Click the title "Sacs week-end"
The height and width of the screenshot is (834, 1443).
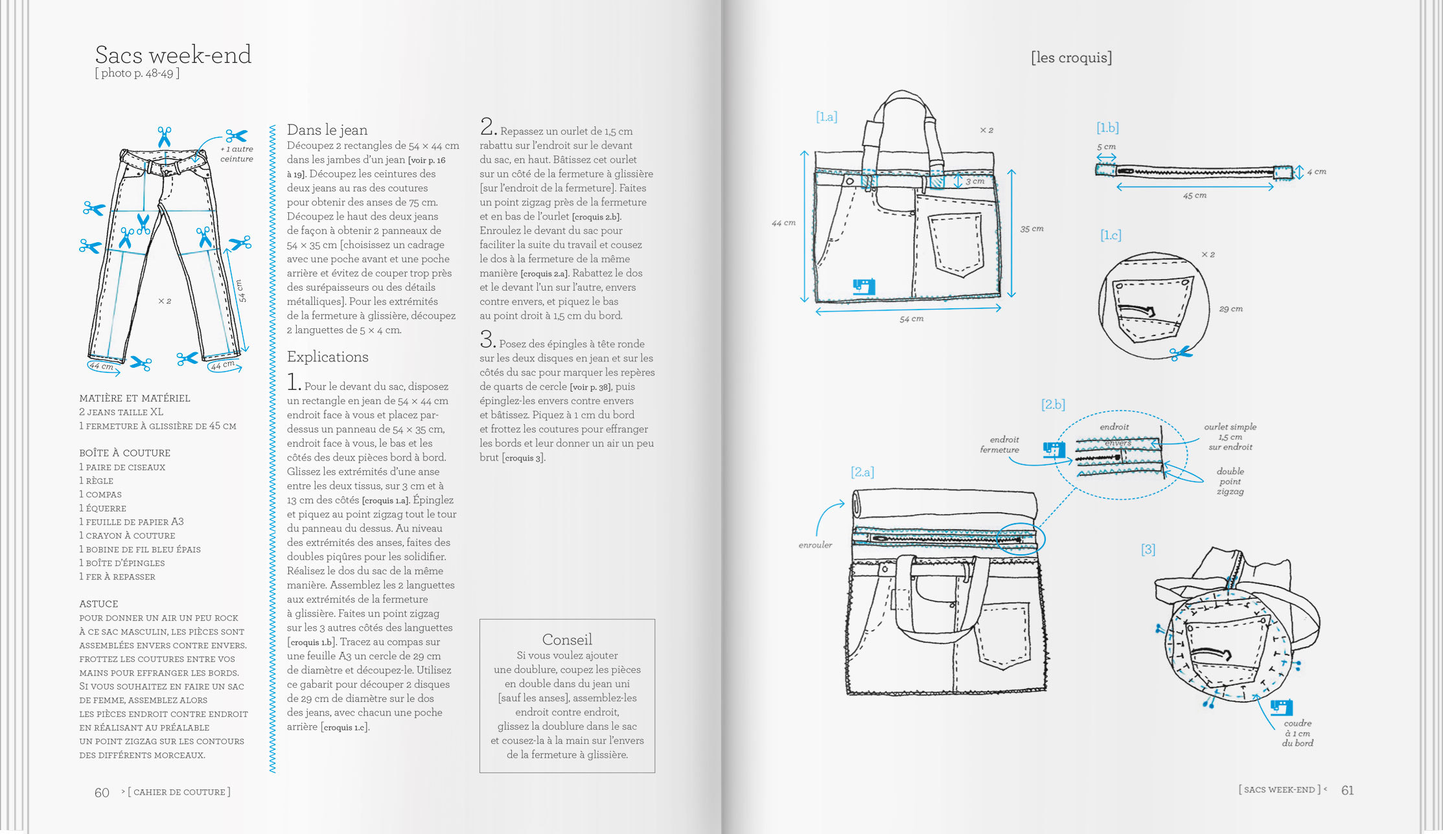pyautogui.click(x=173, y=55)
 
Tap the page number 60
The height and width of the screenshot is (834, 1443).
pyautogui.click(x=102, y=793)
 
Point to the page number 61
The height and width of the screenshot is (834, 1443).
pyautogui.click(x=1347, y=790)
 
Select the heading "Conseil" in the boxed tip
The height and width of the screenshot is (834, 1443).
pyautogui.click(x=567, y=639)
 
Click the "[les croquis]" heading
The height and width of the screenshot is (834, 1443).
pyautogui.click(x=1071, y=58)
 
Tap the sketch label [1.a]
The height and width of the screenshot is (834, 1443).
pyautogui.click(x=827, y=117)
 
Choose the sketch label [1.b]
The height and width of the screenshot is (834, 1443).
pyautogui.click(x=1107, y=128)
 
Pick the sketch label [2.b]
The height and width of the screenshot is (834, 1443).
pyautogui.click(x=1053, y=405)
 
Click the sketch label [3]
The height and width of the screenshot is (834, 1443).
pyautogui.click(x=1148, y=550)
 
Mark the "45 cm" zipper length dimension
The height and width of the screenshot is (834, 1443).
pyautogui.click(x=1195, y=196)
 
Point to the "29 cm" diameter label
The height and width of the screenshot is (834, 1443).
pyautogui.click(x=1230, y=309)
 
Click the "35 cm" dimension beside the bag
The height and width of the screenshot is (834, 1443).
pyautogui.click(x=1032, y=229)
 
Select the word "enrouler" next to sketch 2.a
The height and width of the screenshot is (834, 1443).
pyautogui.click(x=815, y=545)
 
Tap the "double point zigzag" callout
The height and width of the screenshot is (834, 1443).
pyautogui.click(x=1230, y=481)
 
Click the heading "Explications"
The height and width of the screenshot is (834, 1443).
pyautogui.click(x=327, y=357)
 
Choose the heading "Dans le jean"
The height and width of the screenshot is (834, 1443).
pyautogui.click(x=327, y=130)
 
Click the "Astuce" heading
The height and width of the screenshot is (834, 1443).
pyautogui.click(x=98, y=603)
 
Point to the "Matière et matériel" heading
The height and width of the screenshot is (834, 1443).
pyautogui.click(x=135, y=398)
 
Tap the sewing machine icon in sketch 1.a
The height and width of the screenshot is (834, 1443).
pyautogui.click(x=864, y=286)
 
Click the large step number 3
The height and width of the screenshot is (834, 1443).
pyautogui.click(x=487, y=339)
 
